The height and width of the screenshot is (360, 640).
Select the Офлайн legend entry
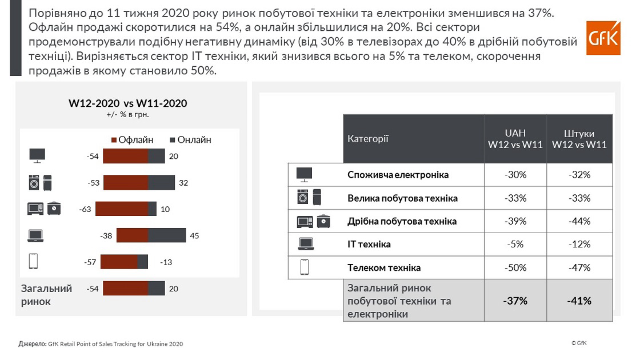tap(132, 140)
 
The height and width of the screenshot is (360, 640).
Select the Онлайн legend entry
tap(191, 140)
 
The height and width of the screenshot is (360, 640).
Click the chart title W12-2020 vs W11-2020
tap(128, 103)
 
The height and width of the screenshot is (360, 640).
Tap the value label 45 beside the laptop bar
tap(194, 235)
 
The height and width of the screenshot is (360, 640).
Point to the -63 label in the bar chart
tap(86, 209)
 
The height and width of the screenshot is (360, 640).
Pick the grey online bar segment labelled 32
tap(162, 183)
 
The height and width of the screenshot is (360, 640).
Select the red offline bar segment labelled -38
tap(133, 235)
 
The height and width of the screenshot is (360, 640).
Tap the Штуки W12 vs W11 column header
tap(579, 139)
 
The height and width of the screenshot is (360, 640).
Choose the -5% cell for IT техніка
tap(515, 245)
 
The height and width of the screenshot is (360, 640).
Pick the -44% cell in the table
tap(579, 221)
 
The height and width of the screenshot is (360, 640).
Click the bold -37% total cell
tap(515, 301)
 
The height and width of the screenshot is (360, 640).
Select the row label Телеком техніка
tap(384, 267)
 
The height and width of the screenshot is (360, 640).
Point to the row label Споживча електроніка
tap(398, 175)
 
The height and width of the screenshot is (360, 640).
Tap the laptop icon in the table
tap(306, 244)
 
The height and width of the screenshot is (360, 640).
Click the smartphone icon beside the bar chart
tap(33, 262)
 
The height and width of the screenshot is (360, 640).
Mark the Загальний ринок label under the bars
tap(46, 295)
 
